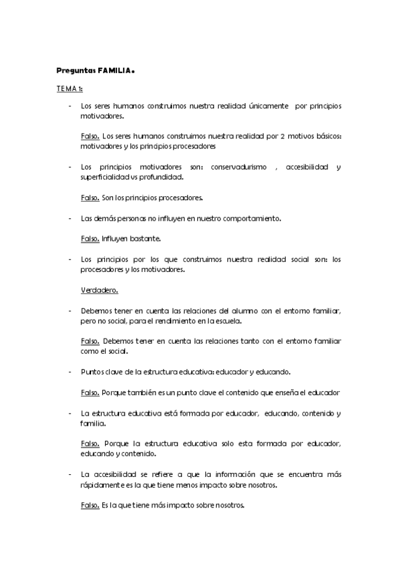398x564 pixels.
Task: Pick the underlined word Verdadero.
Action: [96, 290]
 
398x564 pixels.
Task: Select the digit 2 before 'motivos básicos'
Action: [282, 136]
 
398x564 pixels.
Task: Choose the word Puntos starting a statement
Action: [91, 371]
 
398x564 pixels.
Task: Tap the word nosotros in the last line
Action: [229, 505]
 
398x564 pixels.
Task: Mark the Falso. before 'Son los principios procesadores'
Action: [90, 198]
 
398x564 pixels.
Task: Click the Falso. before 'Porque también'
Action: [90, 392]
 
